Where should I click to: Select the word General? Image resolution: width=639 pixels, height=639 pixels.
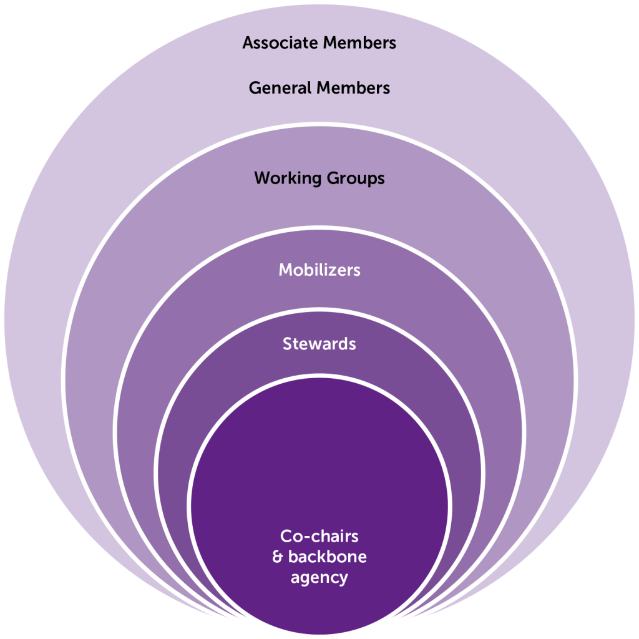(279, 88)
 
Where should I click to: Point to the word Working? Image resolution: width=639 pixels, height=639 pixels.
(286, 178)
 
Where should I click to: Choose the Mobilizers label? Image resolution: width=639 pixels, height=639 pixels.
(319, 270)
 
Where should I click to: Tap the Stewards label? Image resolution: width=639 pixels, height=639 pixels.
(319, 344)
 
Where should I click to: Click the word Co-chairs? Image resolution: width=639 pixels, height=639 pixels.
(319, 536)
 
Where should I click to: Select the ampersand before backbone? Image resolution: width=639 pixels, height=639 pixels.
(278, 557)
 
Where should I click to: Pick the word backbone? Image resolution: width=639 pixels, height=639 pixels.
(327, 557)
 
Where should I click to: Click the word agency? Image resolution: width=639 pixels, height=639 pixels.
(319, 578)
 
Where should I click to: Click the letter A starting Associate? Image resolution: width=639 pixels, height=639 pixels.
(248, 43)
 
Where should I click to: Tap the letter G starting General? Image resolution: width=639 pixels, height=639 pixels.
(255, 88)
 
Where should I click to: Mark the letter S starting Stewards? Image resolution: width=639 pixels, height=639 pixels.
(288, 344)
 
